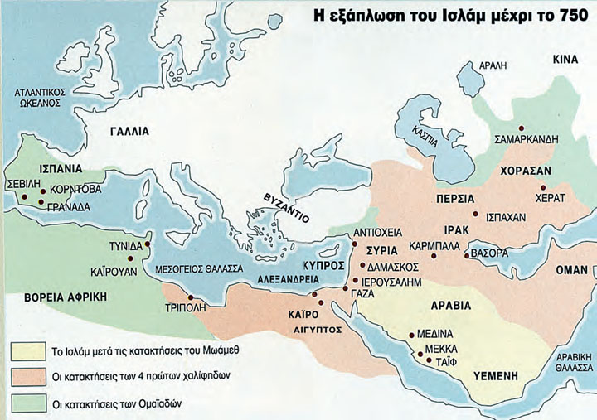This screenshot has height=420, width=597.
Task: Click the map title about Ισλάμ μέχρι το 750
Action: (x=452, y=14)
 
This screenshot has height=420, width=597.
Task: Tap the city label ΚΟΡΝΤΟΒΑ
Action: (x=75, y=189)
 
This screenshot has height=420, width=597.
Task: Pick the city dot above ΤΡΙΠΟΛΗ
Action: (x=191, y=297)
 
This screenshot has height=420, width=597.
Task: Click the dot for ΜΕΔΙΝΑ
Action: (x=412, y=335)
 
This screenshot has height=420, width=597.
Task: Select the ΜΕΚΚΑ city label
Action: (x=441, y=349)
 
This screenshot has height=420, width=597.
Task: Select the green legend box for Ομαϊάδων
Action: (x=30, y=403)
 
